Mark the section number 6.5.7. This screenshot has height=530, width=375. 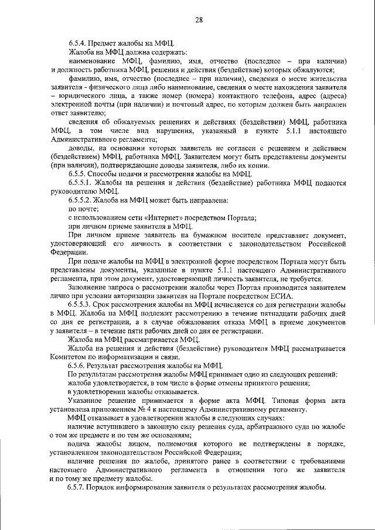[79, 488]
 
